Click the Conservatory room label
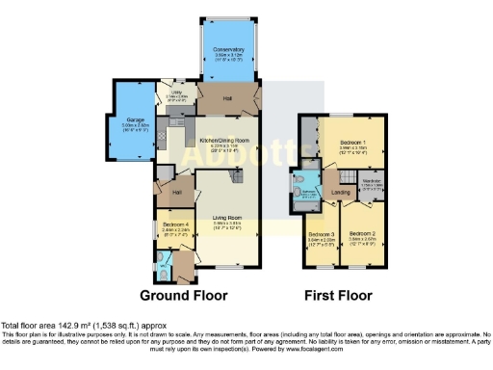pos(228,49)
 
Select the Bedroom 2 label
pos(362,234)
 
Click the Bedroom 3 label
pos(321,234)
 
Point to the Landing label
pos(341,192)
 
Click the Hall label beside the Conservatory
pos(228,98)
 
